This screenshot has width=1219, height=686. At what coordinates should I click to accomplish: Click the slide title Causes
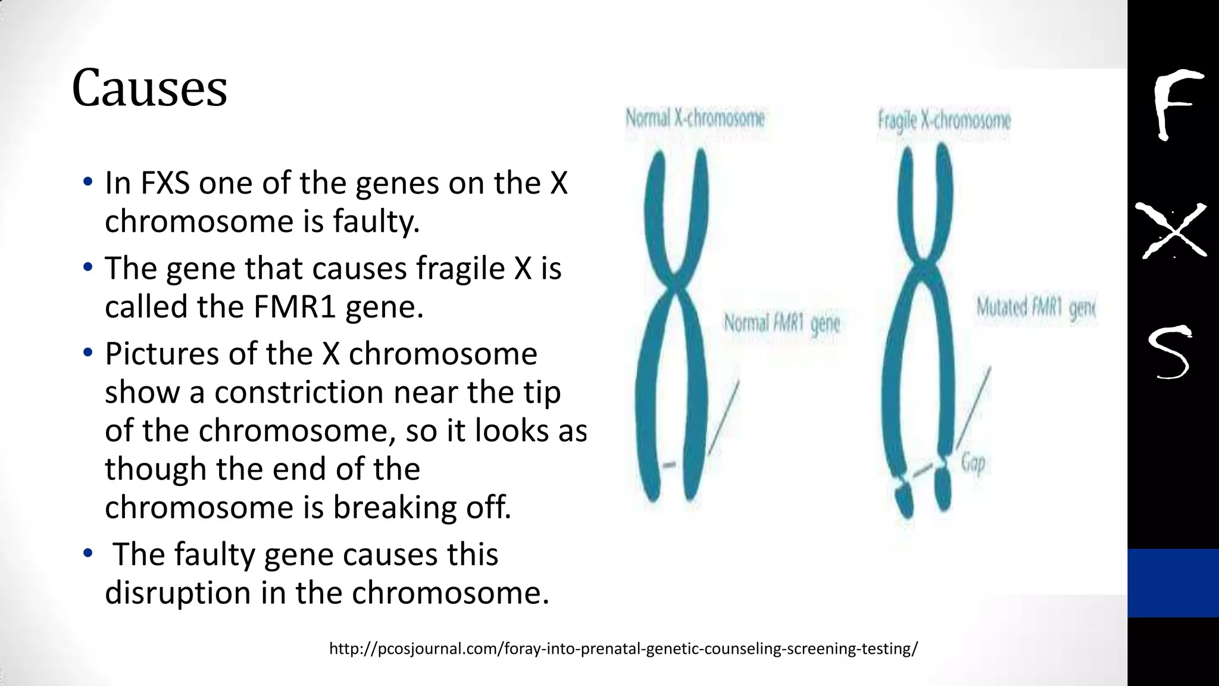[149, 89]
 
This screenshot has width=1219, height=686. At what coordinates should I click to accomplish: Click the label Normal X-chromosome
[695, 119]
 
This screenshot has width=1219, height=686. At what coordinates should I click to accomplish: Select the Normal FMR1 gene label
[782, 323]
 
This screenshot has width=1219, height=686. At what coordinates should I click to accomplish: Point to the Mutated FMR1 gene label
[1035, 308]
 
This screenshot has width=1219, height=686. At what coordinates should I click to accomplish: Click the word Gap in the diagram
[973, 463]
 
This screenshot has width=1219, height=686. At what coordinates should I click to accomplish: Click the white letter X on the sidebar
[1171, 231]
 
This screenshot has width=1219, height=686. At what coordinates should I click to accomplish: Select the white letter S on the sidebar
[1170, 353]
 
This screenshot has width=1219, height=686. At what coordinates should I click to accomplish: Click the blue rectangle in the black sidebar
[1173, 582]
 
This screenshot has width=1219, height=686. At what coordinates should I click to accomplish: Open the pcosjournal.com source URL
[623, 648]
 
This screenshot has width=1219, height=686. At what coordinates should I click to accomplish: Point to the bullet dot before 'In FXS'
[88, 182]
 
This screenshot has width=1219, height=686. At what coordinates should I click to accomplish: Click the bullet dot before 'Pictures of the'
[88, 353]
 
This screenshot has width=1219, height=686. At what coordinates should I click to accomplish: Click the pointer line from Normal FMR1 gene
[724, 417]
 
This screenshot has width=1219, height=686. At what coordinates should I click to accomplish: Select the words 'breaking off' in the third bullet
[421, 507]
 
